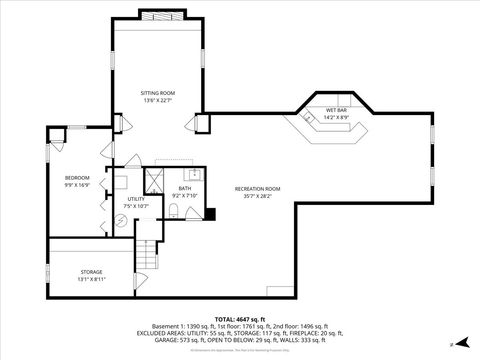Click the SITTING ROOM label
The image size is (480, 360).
158,92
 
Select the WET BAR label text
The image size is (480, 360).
335,110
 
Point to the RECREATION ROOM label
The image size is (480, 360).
257,189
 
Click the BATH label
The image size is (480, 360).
185,188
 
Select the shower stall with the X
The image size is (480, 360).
155,179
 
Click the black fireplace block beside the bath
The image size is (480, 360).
210,212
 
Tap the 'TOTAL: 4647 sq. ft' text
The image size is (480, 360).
240,317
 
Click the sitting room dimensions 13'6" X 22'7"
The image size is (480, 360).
158,100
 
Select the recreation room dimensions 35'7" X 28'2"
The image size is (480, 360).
257,197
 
